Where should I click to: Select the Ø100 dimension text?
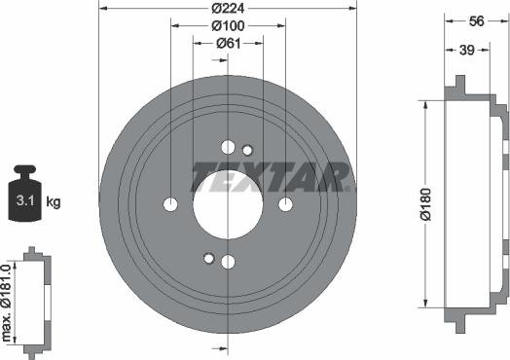229,25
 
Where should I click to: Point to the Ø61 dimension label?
229,43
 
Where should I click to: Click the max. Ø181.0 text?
8,300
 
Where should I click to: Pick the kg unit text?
54,202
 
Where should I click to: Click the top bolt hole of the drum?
228,147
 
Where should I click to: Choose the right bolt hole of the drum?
285,204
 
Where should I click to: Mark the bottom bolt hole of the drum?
228,262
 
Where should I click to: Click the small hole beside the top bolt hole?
247,150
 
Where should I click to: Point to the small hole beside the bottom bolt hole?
208,258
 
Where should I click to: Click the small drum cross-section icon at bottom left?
36,299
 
